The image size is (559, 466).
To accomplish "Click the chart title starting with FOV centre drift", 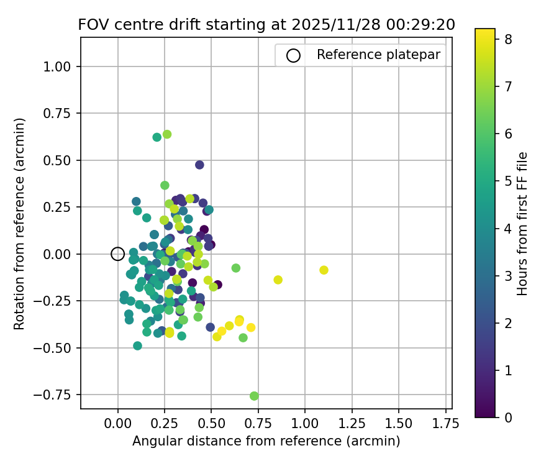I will pos(266,25).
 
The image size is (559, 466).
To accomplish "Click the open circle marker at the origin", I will pos(117,254).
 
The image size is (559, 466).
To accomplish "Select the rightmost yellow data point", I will pos(324,270).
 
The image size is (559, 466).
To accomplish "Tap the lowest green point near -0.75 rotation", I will pos(254,396).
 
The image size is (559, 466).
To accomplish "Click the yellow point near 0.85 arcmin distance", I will pos(278,280).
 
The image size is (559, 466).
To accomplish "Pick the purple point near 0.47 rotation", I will pos(199,165).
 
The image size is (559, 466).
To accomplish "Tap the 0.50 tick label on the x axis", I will pos(211,423).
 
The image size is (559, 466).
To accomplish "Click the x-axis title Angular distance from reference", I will pos(266,441).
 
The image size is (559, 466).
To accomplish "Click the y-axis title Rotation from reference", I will pos(19,224).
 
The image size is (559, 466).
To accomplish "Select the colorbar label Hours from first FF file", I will pos(523,224).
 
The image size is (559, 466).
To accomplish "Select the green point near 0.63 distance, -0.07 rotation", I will pos(236,268).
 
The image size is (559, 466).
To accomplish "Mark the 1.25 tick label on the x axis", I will pos(352,423).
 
